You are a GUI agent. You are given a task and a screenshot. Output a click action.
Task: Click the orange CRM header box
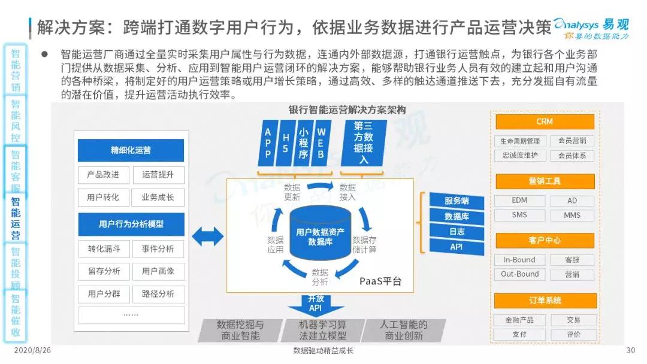pos(545,122)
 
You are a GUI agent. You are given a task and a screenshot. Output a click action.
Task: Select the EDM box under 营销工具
pos(519,201)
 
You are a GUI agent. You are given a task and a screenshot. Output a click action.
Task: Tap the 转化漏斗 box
pos(104,248)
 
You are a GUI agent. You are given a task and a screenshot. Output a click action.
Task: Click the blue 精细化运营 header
pos(131,150)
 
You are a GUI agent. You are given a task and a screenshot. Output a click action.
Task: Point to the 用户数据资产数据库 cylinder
pos(320,235)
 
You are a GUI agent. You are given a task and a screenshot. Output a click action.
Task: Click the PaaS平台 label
pos(380,281)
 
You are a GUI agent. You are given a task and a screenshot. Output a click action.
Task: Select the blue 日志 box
pos(456,231)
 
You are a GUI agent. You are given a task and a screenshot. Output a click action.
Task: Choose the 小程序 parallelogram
pos(303,144)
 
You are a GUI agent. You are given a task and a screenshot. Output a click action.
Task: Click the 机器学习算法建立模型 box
pos(322,330)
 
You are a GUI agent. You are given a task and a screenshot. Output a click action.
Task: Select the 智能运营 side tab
pos(16,219)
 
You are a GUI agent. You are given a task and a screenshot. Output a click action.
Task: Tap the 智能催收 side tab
pos(16,316)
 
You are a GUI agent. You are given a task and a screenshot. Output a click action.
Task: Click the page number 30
pos(630,351)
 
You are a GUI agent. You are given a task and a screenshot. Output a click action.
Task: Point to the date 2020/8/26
pos(30,351)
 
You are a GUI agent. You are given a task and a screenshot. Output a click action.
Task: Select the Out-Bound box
pos(519,274)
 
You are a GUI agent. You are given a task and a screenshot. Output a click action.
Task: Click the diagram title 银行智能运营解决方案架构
pos(347,110)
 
